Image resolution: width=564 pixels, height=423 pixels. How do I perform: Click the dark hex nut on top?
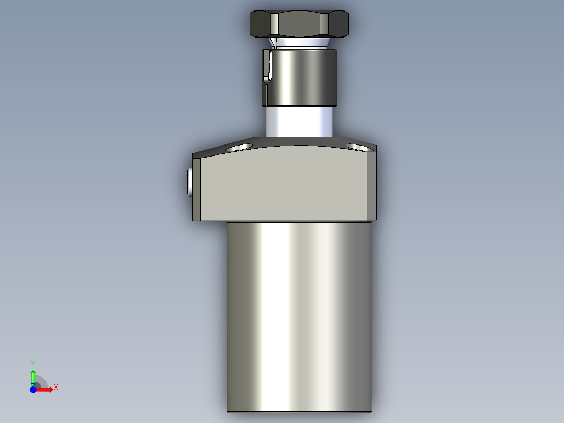[299, 24]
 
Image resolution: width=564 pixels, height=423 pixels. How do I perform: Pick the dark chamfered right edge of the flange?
[371, 186]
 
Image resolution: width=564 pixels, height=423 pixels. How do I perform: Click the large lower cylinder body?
[299, 314]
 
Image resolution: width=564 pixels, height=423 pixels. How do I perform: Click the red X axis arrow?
[46, 389]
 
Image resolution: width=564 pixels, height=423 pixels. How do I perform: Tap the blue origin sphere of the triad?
[33, 389]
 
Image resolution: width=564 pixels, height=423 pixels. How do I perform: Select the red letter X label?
[56, 387]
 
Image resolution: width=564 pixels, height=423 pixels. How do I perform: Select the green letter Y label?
[33, 363]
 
